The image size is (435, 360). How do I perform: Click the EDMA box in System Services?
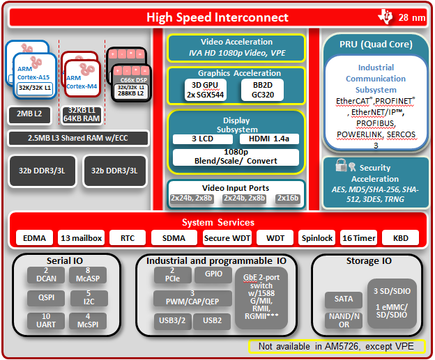click(x=34, y=237)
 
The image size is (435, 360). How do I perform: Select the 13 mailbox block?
click(x=81, y=237)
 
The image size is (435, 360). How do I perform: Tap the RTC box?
click(x=128, y=237)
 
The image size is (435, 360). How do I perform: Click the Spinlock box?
click(x=317, y=237)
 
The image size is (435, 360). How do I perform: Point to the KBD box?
click(x=400, y=237)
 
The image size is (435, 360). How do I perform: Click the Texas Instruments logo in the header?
click(x=385, y=16)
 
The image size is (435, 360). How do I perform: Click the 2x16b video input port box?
click(x=287, y=198)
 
